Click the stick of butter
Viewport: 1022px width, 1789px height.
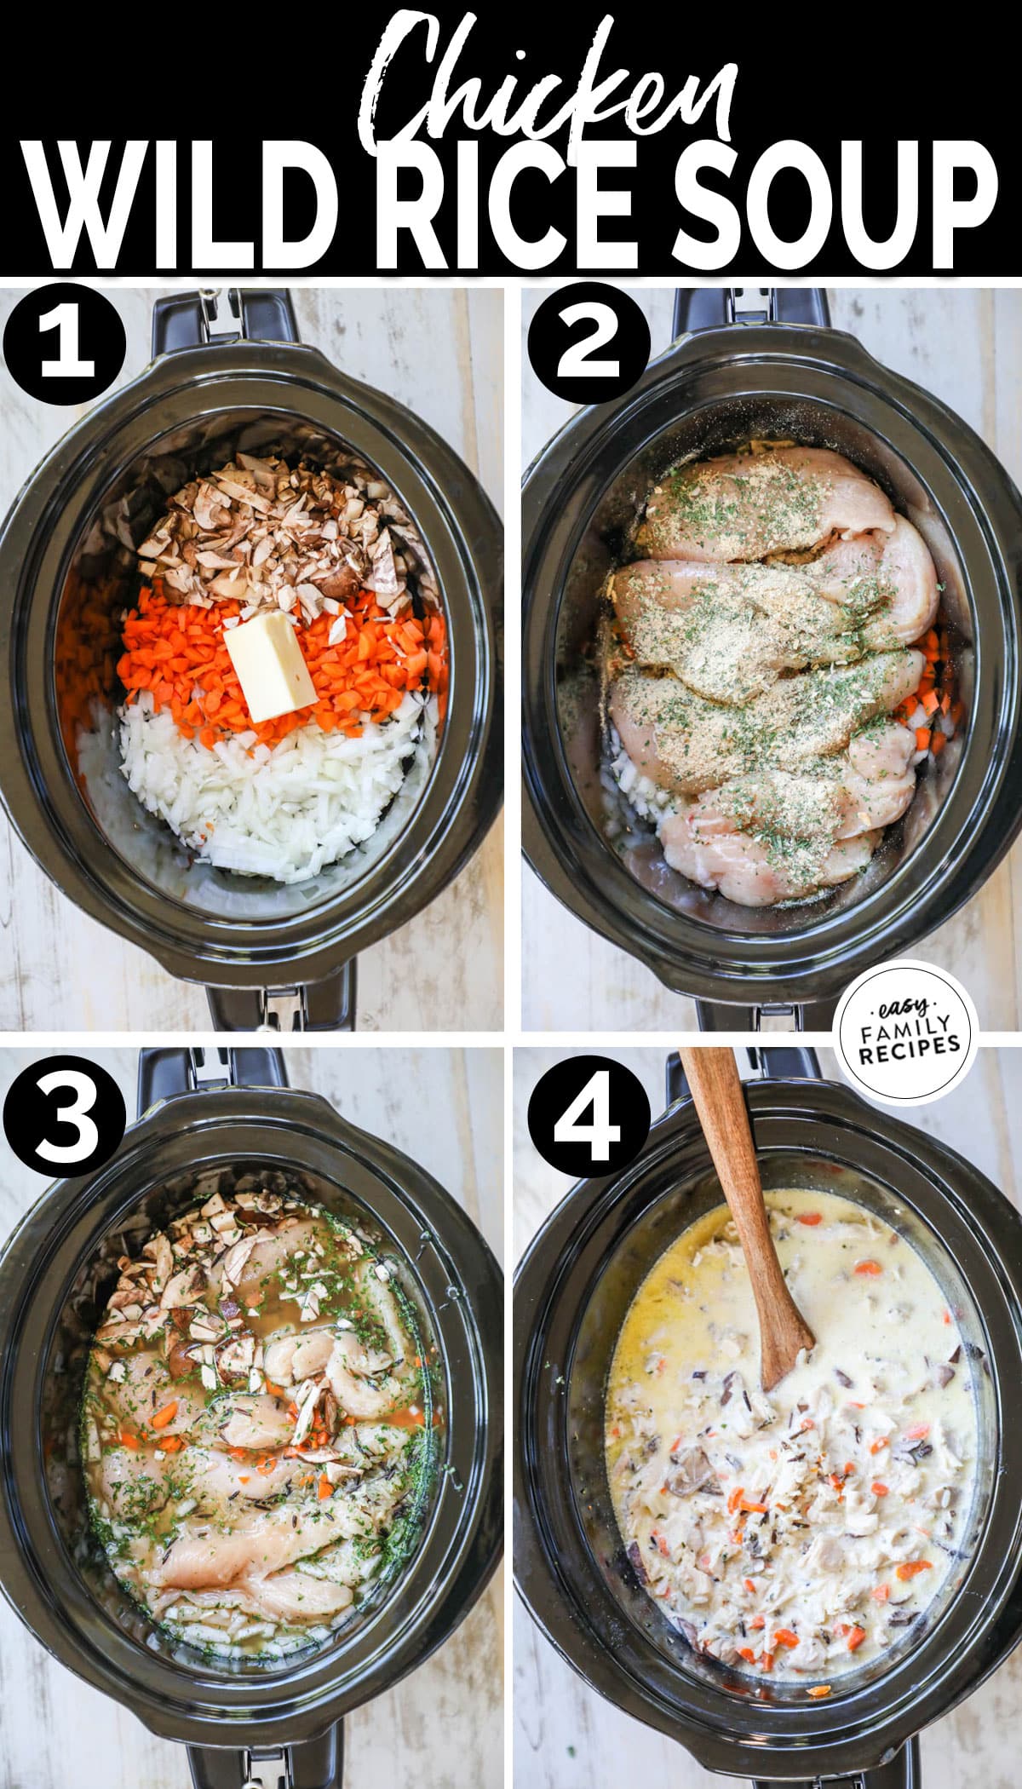click(x=269, y=664)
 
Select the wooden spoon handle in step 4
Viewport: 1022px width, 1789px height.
click(x=732, y=1159)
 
